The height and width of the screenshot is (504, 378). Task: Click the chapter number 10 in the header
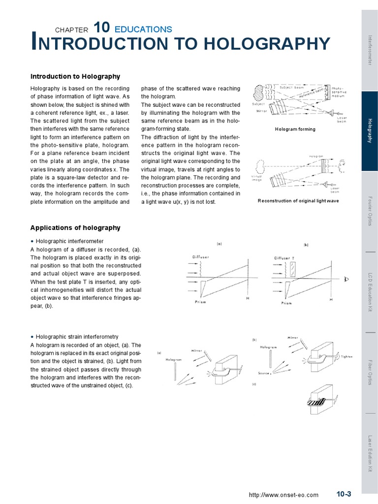(101, 28)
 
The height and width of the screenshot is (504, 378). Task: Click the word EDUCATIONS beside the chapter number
(143, 29)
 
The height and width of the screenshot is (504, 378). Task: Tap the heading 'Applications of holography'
(75, 227)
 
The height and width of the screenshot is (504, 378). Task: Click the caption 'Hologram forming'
(295, 129)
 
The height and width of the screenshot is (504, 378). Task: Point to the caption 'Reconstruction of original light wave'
(298, 201)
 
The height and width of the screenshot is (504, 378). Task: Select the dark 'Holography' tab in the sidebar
(370, 131)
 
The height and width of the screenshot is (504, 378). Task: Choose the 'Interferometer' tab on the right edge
(370, 51)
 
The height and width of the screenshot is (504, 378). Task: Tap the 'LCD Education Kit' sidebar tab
(370, 291)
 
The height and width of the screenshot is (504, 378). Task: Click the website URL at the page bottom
(283, 495)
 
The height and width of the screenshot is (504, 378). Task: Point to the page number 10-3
(344, 494)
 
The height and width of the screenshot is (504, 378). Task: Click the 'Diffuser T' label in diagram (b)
(284, 258)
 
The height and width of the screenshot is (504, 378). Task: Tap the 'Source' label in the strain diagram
(263, 374)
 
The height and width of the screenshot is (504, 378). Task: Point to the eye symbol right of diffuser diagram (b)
(346, 280)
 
